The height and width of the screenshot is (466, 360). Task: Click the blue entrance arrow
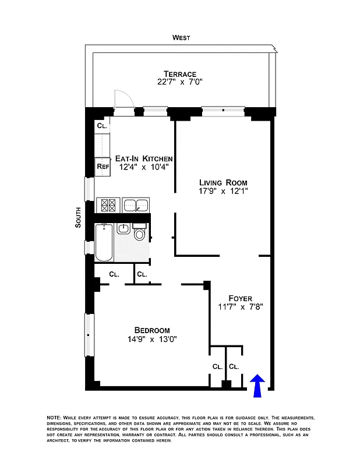coord(257,386)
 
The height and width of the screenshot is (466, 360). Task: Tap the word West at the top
coord(181,38)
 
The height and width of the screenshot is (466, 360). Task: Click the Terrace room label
coord(179,73)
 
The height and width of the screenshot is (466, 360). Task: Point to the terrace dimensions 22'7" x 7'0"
coord(179,83)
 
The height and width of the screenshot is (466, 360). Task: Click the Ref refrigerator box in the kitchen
coord(103,166)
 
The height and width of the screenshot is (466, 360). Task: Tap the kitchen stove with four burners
coord(108,204)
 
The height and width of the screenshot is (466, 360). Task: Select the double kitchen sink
coord(136,204)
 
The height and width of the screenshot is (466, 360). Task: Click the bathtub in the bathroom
coord(104,242)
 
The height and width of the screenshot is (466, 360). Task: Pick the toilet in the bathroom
coord(140,234)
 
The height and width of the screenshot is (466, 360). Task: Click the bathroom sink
coord(123,228)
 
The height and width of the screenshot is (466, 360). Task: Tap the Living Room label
coord(223,182)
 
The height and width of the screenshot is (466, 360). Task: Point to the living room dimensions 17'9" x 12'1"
coord(223,191)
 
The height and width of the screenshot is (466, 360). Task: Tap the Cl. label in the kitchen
coord(102,125)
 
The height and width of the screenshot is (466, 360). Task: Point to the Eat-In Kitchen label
coord(143,158)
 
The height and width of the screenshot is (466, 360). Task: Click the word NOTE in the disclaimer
coord(54,418)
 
